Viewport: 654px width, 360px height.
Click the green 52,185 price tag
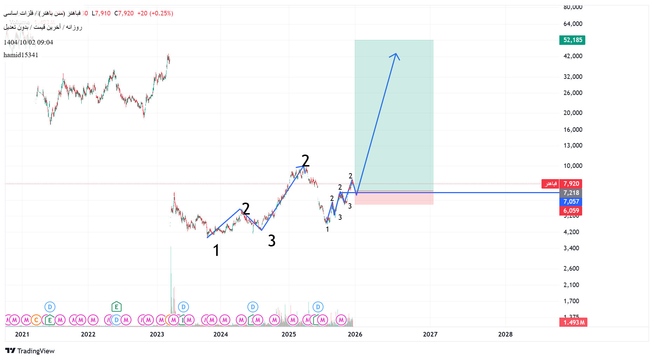[572, 40]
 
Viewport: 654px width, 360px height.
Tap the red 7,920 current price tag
[571, 184]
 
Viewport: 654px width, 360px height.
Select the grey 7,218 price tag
[571, 193]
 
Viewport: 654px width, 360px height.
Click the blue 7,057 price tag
[571, 202]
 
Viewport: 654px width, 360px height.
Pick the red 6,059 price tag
[571, 211]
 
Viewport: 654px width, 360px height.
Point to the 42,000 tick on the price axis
[573, 56]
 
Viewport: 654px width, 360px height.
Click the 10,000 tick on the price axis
[573, 166]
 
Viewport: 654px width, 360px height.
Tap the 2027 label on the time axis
[430, 334]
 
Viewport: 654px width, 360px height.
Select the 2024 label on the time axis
[220, 334]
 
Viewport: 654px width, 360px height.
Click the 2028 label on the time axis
[505, 334]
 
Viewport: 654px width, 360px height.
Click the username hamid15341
[21, 55]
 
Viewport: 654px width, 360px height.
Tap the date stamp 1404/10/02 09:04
[28, 42]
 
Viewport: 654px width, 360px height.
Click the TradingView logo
[30, 351]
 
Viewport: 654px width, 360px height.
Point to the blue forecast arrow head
[396, 54]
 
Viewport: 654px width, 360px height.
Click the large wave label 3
[272, 241]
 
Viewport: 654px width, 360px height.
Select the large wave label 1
[216, 251]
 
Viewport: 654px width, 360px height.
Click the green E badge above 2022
[116, 307]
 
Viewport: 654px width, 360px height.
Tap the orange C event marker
[36, 320]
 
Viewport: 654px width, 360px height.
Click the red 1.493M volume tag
[573, 322]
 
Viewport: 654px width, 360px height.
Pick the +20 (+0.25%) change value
[155, 13]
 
